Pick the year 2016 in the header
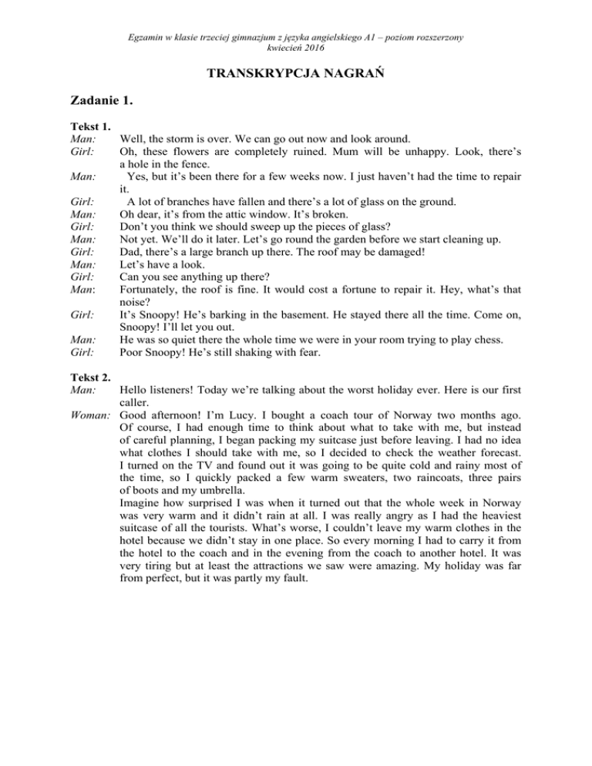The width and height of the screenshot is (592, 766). click(x=312, y=47)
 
